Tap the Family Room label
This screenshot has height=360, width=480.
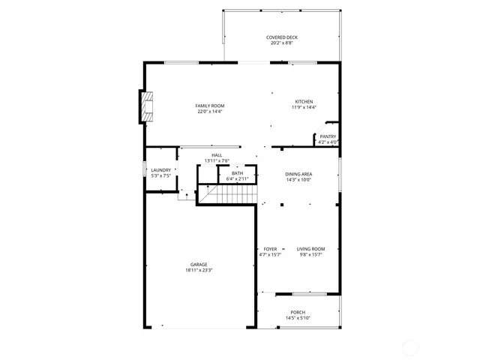coord(210,106)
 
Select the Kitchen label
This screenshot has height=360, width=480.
coord(304,102)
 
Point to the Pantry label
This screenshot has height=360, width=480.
coord(328,136)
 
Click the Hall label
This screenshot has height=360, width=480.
coord(217,155)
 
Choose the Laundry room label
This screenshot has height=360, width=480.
coord(161,170)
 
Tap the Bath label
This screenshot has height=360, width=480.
coord(237,173)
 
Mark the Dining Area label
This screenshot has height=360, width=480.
coord(298,174)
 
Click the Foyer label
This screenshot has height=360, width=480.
coord(270,249)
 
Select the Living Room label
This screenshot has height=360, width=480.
coord(310,249)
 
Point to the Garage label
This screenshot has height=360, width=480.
coord(199,264)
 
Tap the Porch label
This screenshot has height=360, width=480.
coord(298,312)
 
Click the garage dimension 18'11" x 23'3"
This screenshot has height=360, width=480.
coord(199,270)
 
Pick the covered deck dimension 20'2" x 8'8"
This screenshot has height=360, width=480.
coord(281,43)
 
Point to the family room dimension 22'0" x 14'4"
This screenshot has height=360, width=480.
coord(211,112)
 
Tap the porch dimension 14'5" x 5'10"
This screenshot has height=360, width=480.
coord(298,318)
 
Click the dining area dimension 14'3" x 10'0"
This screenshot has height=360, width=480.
coord(298,180)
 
